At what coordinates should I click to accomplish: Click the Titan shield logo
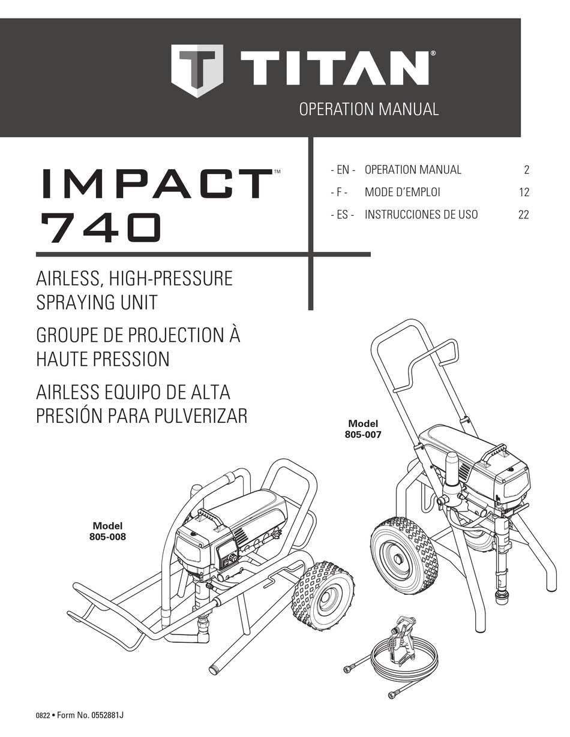(197, 71)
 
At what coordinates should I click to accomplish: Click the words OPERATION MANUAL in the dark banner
(369, 110)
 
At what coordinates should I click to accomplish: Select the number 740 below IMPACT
(100, 228)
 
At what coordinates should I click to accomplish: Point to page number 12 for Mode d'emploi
(524, 192)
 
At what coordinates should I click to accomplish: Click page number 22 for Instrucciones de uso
(524, 215)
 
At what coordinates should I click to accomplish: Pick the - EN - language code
(343, 170)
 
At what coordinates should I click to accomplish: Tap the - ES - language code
(343, 215)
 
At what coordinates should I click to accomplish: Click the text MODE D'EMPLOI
(403, 192)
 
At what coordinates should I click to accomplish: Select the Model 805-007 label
(363, 429)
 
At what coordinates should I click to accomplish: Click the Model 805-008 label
(107, 531)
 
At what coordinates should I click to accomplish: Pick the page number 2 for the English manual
(526, 170)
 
